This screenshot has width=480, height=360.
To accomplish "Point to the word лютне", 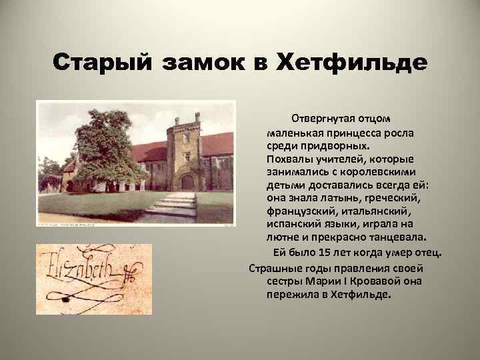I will point(281,237).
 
